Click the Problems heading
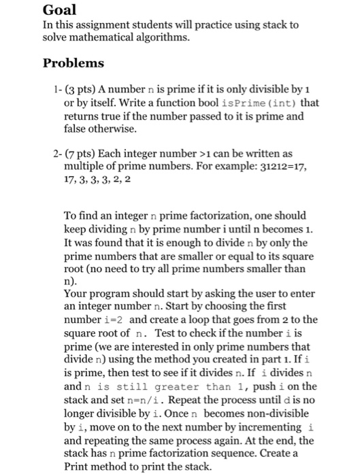pos(73,63)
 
